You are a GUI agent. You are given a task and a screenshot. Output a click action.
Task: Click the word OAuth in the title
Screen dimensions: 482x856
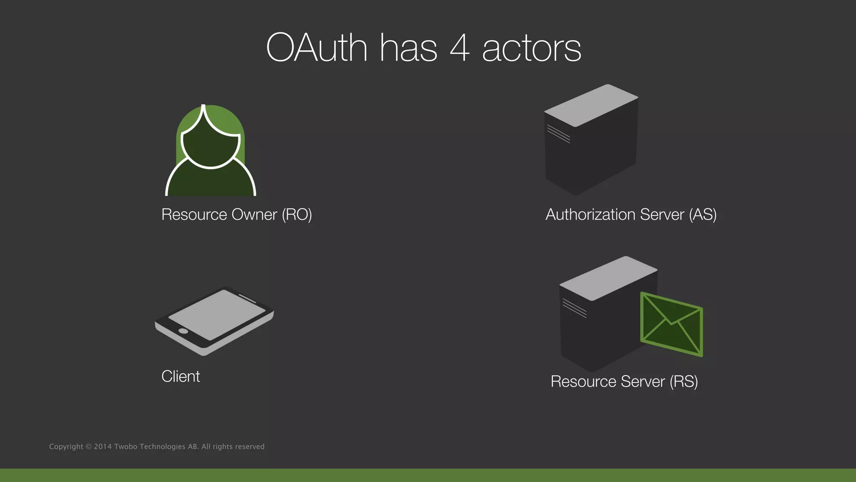click(316, 48)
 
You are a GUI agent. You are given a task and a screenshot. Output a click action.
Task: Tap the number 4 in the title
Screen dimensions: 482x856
click(459, 48)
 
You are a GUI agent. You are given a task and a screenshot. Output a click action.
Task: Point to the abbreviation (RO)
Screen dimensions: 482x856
click(297, 215)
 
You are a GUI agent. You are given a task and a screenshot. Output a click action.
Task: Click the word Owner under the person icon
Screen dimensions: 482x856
click(254, 215)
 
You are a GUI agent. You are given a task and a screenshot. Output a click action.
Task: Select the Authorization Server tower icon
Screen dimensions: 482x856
click(591, 140)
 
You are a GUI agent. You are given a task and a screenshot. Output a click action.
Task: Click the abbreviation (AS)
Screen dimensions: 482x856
click(703, 215)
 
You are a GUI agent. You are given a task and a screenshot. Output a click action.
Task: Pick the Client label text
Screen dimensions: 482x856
click(181, 377)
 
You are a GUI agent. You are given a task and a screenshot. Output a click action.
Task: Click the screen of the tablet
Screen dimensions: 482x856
click(217, 314)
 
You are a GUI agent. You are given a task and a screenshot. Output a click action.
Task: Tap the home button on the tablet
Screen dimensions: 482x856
click(183, 331)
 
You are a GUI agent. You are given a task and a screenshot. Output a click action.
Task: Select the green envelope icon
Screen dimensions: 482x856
click(671, 325)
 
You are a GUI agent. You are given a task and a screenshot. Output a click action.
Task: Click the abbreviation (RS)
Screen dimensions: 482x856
click(684, 382)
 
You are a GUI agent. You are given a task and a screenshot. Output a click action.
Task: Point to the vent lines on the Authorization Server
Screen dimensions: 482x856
click(558, 134)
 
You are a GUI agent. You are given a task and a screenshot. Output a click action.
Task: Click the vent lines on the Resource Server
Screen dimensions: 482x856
click(574, 308)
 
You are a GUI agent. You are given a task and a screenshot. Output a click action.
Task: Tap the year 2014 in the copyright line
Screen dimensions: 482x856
click(102, 447)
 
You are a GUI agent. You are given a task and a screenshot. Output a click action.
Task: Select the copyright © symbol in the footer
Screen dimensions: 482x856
click(88, 447)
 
